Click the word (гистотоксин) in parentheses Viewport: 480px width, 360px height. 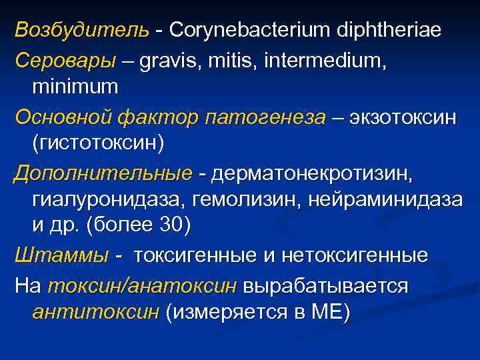point(97,143)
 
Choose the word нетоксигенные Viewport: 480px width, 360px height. point(356,255)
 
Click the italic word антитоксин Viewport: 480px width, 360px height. point(95,312)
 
